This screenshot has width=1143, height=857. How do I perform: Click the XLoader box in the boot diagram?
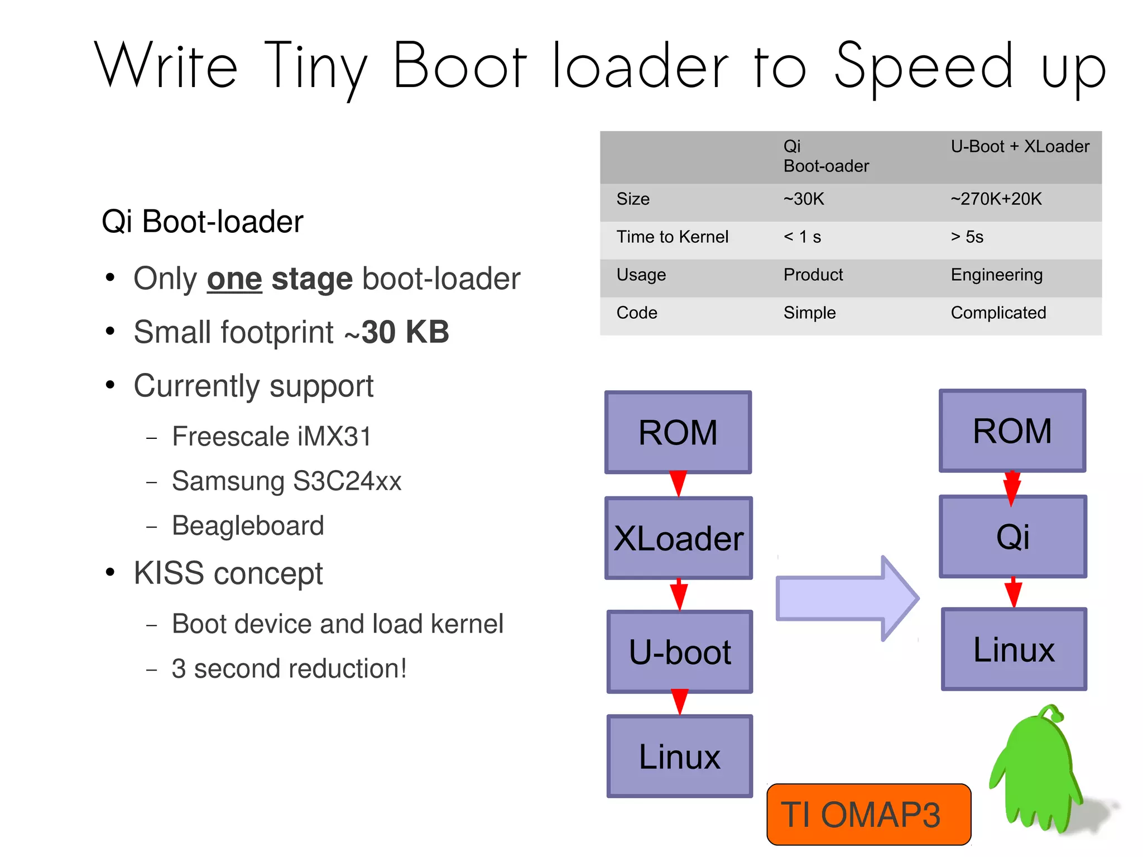pos(679,538)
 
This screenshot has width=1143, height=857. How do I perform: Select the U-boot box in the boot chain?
pos(679,652)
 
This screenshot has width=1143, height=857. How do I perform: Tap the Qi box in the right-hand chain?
pos(1012,537)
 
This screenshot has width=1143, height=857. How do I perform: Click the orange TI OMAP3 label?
pos(868,814)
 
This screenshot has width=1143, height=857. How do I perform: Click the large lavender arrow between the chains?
pos(847,599)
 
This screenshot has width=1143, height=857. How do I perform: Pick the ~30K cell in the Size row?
pos(804,199)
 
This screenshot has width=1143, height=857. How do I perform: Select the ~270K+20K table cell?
pos(996,199)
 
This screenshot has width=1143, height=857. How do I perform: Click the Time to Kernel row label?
pos(672,237)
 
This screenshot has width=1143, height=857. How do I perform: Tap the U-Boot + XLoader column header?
pos(1020,147)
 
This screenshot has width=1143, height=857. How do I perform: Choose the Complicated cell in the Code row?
pos(998,313)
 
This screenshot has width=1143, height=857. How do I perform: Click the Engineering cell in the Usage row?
pos(996,275)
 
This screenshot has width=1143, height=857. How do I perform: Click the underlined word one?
pos(234,279)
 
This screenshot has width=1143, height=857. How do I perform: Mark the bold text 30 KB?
pos(405,332)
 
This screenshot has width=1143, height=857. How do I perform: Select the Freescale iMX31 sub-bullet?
pos(271,436)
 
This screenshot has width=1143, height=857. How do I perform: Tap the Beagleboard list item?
pos(248,526)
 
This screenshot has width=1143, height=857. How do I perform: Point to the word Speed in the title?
pos(923,67)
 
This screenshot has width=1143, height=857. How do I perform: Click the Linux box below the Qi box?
pos(1014,649)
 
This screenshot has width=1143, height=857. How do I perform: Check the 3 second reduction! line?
pos(289,669)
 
